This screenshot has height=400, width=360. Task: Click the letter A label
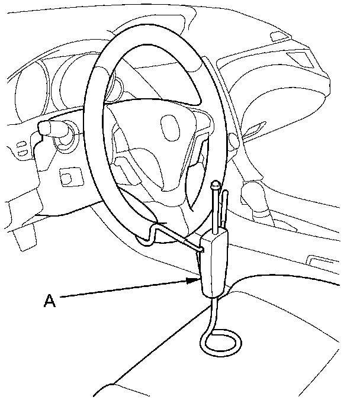(50, 301)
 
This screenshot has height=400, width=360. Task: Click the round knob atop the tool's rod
(216, 186)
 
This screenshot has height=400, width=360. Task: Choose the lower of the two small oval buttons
(22, 154)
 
